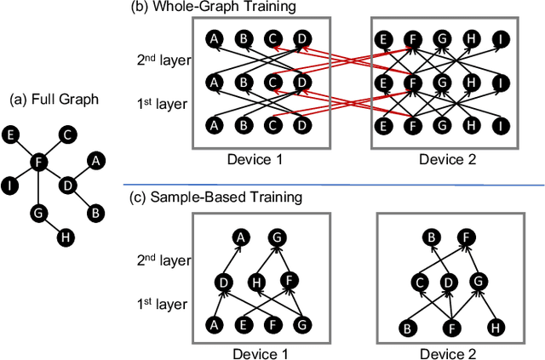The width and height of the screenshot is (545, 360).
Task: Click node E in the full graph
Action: [10, 134]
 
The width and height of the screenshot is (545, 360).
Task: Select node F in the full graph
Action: [37, 160]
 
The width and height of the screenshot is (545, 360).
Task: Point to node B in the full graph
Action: [95, 211]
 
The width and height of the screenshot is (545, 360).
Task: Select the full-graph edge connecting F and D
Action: [53, 172]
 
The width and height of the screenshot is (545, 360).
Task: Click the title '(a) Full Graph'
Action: [54, 100]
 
